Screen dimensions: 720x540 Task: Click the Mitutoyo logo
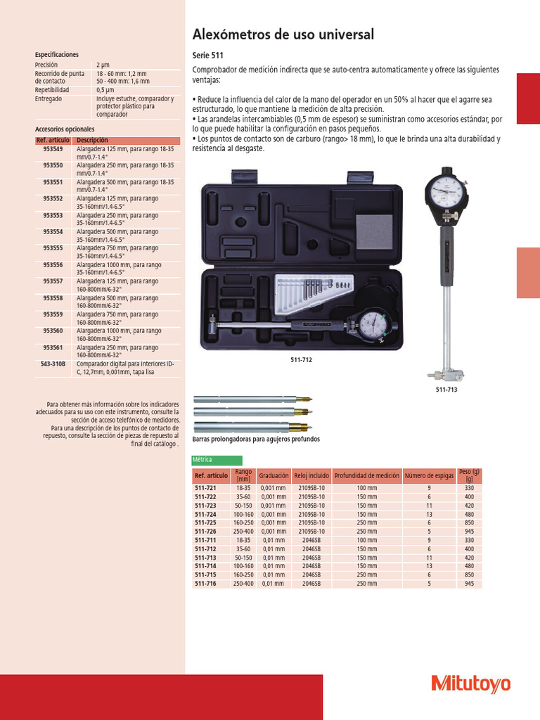click(470, 683)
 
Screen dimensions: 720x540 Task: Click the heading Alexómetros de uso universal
click(283, 34)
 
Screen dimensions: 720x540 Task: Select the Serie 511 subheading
click(208, 56)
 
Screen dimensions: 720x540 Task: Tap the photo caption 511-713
click(446, 389)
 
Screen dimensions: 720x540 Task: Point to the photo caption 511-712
click(301, 359)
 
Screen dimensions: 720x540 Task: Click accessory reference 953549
click(53, 149)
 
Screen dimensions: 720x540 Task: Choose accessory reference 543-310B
click(53, 364)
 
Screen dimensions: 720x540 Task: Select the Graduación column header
click(274, 475)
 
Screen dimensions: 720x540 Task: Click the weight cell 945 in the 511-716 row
click(468, 584)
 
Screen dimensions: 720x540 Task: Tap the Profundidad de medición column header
click(366, 475)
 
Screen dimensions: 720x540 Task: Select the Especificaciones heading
click(56, 54)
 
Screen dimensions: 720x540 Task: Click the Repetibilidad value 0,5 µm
click(105, 90)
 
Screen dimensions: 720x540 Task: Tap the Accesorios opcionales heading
click(64, 129)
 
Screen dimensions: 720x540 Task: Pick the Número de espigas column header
click(429, 475)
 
